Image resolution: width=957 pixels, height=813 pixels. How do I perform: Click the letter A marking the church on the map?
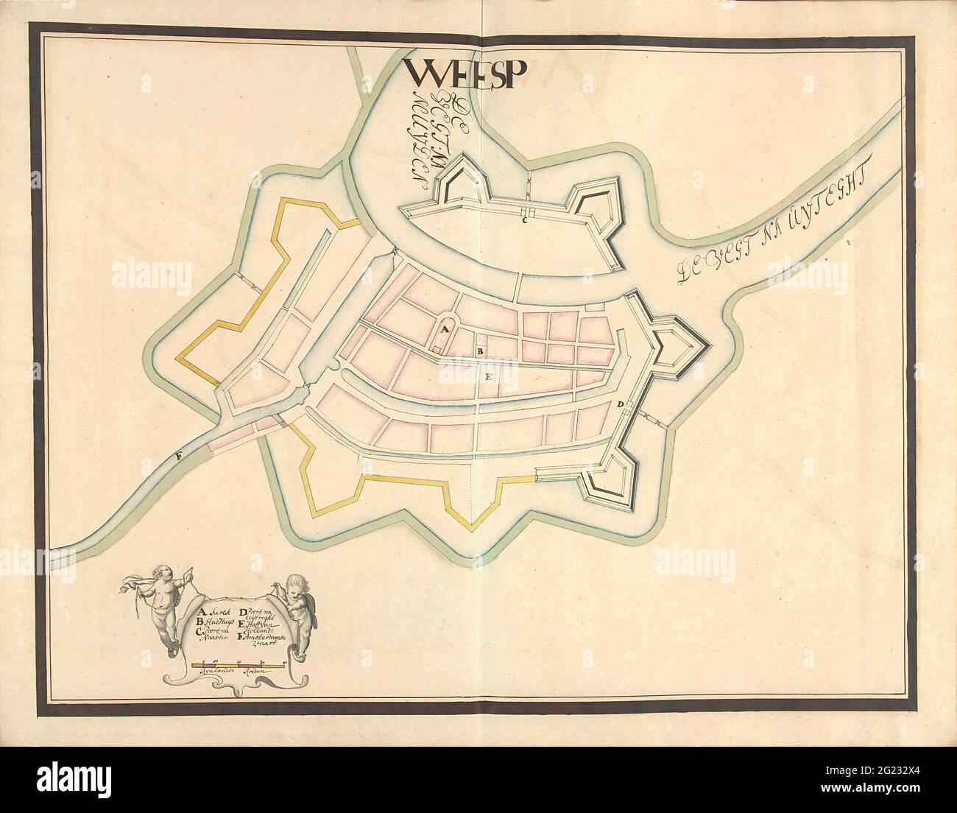444,331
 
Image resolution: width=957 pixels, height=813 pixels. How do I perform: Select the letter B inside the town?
479,353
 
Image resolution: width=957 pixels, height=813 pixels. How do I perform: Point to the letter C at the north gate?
525,219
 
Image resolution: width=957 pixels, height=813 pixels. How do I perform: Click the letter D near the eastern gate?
621,404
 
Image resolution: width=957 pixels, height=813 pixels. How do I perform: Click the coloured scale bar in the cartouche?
238,665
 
